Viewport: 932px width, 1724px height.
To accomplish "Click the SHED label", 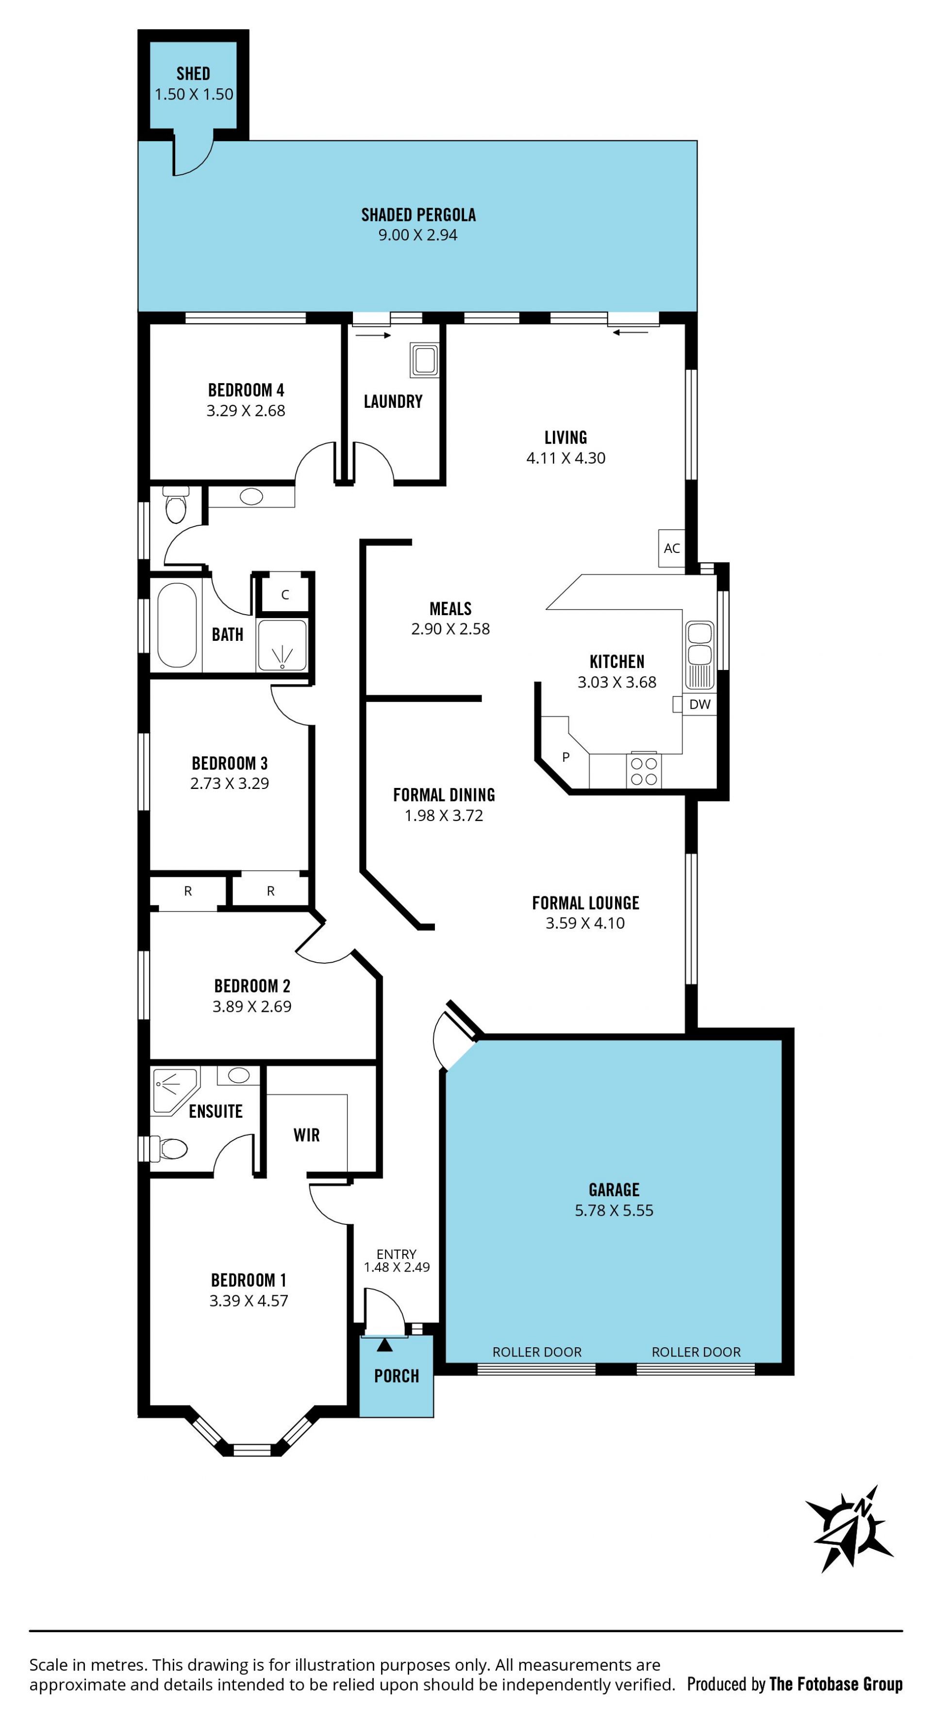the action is (x=193, y=74).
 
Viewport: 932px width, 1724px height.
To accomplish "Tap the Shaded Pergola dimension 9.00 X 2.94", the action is (x=418, y=235).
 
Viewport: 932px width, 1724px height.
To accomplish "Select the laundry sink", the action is (x=425, y=361).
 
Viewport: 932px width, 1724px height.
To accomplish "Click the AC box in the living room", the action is (x=672, y=548).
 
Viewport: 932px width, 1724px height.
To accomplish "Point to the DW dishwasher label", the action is (x=700, y=704).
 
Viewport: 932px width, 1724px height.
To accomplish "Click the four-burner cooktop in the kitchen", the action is (x=644, y=771).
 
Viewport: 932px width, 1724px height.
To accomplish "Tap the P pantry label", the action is (x=566, y=757).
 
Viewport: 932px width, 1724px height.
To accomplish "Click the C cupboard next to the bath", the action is (x=285, y=594).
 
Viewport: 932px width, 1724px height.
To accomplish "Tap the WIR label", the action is (x=306, y=1135).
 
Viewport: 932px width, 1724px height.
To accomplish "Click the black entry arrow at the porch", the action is (x=385, y=1344).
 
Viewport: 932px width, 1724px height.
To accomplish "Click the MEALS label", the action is (x=450, y=608).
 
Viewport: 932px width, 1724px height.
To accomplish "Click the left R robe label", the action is (x=188, y=891).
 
